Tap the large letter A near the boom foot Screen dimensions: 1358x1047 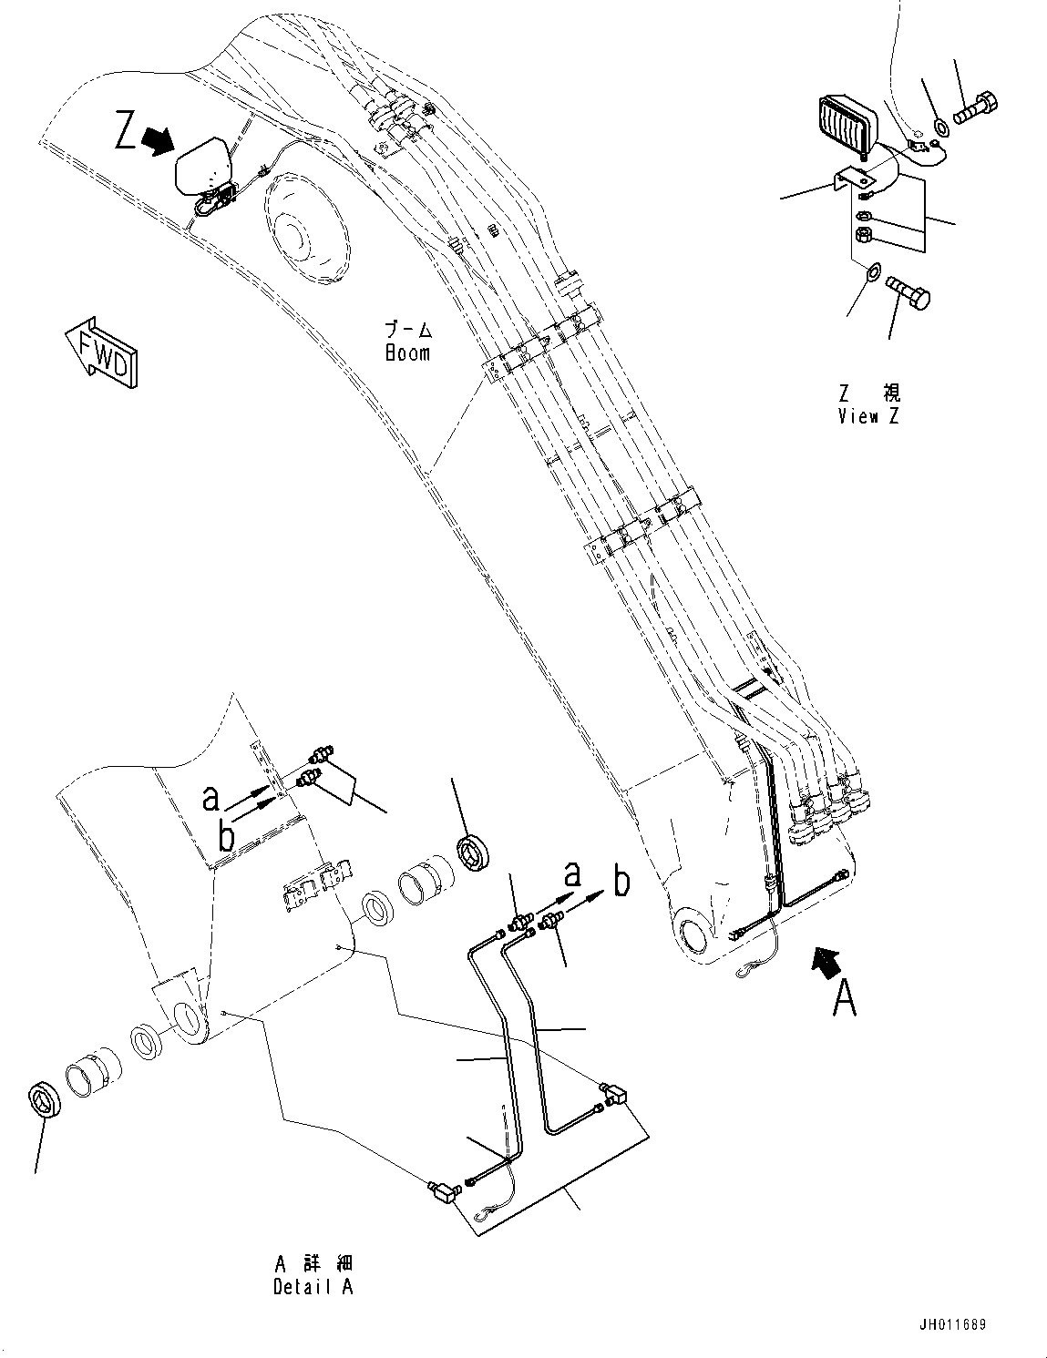pyautogui.click(x=845, y=997)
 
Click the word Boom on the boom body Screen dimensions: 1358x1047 pyautogui.click(x=407, y=352)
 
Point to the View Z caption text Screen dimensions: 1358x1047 pyautogui.click(x=869, y=405)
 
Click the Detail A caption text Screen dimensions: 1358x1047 pyautogui.click(x=313, y=1275)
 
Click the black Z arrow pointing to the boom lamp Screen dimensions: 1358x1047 pyautogui.click(x=160, y=139)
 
